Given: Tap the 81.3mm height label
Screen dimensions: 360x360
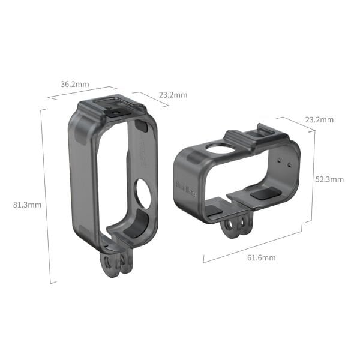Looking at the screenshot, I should pyautogui.click(x=27, y=205).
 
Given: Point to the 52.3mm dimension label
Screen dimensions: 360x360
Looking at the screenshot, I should pyautogui.click(x=329, y=179).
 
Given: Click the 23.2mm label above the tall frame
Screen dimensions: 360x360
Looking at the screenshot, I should pyautogui.click(x=173, y=95).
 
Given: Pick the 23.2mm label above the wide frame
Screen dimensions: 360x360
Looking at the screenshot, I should pyautogui.click(x=319, y=120).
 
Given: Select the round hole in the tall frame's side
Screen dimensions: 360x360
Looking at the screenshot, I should pyautogui.click(x=143, y=194).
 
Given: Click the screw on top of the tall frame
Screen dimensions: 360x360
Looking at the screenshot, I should pyautogui.click(x=115, y=111).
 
